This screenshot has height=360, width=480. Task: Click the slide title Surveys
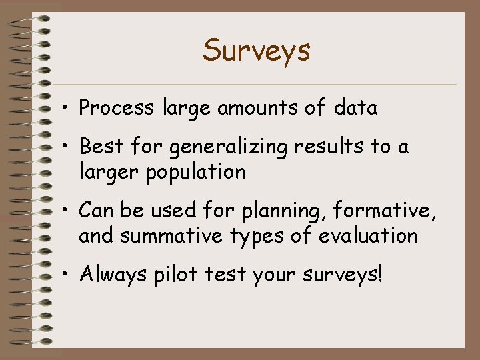(257, 50)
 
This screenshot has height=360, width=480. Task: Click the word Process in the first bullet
(117, 108)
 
